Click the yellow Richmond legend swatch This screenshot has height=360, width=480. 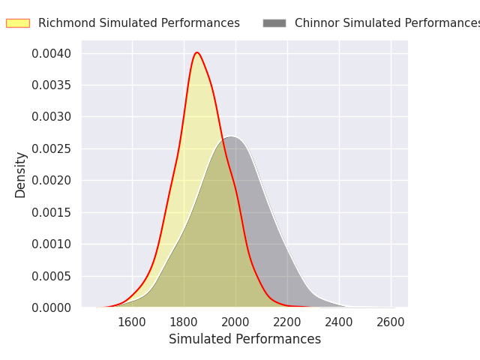tap(18, 23)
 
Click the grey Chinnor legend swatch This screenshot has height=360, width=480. tap(274, 23)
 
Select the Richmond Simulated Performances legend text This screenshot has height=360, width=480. tap(139, 23)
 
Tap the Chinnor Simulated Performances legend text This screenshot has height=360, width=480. tap(387, 23)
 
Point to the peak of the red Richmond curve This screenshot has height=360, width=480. tap(196, 52)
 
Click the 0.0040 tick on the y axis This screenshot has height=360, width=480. tap(52, 53)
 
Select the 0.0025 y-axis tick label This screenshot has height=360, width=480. tap(52, 148)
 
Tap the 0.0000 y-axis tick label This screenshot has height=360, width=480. tap(52, 307)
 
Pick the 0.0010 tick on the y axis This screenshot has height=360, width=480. tap(52, 244)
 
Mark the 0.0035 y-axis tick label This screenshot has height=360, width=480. tap(52, 85)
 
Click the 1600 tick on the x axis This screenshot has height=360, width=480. tap(132, 322)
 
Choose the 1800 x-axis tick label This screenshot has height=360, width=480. tap(184, 322)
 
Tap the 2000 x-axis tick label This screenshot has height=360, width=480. tap(235, 322)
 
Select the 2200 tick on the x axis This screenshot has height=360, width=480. tap(287, 322)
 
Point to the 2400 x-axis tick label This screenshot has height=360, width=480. tap(339, 322)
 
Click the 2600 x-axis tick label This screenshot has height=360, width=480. tap(391, 322)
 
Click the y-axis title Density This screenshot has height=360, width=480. tap(20, 174)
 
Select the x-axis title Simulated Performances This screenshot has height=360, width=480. tap(244, 339)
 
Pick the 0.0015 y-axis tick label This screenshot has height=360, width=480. tap(52, 212)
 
